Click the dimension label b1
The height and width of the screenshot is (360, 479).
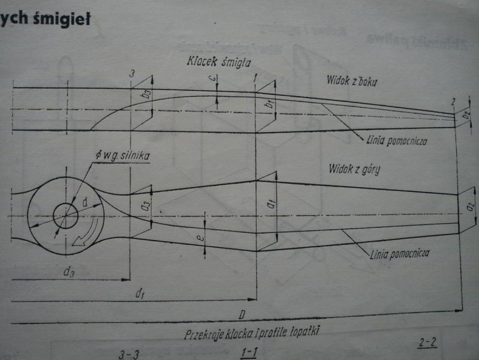[270, 103]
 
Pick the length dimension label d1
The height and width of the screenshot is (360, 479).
[140, 293]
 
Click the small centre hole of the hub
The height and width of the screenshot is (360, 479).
[65, 216]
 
